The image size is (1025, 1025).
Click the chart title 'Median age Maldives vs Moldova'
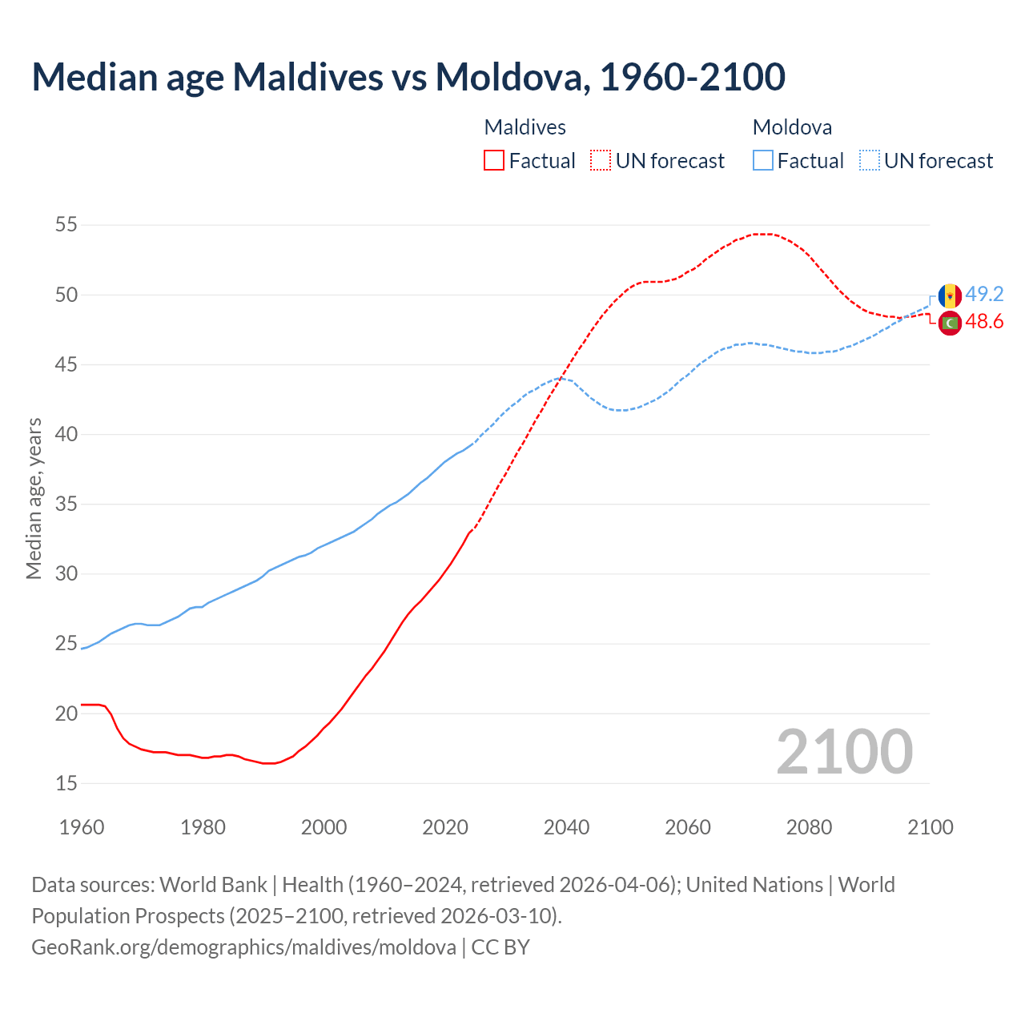408,77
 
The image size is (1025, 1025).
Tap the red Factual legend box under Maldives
494,160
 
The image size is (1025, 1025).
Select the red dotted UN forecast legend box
601,160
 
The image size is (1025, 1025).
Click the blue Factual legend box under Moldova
763,160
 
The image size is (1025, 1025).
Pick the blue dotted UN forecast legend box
870,160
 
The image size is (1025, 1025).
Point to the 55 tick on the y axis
66,225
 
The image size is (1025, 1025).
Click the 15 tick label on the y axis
66,783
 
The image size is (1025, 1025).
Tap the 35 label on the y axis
66,504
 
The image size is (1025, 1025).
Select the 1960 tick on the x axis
82,826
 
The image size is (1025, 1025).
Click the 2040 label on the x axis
566,826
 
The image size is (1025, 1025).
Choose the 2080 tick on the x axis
809,826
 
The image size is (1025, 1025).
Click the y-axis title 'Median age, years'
34,498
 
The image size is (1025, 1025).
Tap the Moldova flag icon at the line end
950,295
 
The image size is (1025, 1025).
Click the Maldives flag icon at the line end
950,323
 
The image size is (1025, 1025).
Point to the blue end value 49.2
984,294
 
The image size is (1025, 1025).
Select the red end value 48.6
984,322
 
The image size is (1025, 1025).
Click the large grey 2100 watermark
844,751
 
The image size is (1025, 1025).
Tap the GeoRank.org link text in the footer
243,947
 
